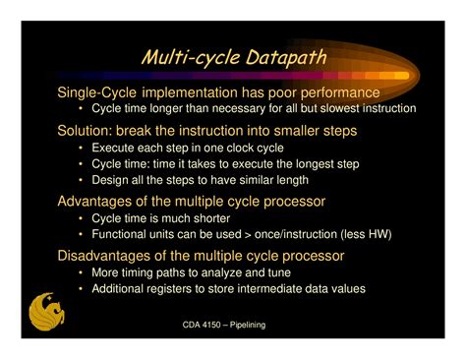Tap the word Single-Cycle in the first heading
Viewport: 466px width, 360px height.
tap(94, 91)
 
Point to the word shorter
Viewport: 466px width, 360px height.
tap(209, 218)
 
